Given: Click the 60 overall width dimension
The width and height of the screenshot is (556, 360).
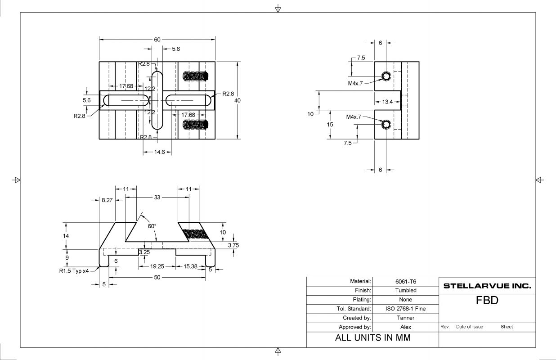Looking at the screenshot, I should (x=157, y=40).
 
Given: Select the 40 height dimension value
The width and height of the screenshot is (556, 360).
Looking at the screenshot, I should (x=238, y=100).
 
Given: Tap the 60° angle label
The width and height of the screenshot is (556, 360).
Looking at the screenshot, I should (x=152, y=226).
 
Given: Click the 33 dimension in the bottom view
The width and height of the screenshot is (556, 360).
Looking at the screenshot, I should (x=157, y=197).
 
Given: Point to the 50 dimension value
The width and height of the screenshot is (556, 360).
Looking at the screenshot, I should (x=157, y=277).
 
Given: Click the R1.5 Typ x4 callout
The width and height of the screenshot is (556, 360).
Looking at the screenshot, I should (x=74, y=271).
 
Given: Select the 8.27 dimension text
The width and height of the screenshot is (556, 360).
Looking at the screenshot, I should (x=107, y=200).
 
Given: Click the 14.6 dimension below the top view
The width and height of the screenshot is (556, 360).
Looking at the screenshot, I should (x=159, y=152).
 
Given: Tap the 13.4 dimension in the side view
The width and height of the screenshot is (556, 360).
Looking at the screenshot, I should (x=387, y=102).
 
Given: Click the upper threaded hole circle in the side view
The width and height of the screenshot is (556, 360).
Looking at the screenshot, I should (x=386, y=76).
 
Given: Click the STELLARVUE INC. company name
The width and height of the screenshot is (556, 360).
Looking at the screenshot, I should (x=487, y=286).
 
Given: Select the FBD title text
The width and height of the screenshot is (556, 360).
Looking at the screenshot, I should (x=487, y=301).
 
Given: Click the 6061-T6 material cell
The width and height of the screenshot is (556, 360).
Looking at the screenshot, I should (x=406, y=281).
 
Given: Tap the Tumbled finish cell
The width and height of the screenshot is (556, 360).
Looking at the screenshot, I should (x=406, y=290).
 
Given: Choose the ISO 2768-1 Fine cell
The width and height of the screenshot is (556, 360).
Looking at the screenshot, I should (x=406, y=309).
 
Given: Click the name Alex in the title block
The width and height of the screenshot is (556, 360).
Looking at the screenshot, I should (x=406, y=327).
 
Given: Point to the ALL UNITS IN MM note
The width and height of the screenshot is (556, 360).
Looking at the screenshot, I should (x=373, y=338).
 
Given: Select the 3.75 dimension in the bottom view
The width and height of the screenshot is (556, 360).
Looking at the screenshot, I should (x=233, y=245).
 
